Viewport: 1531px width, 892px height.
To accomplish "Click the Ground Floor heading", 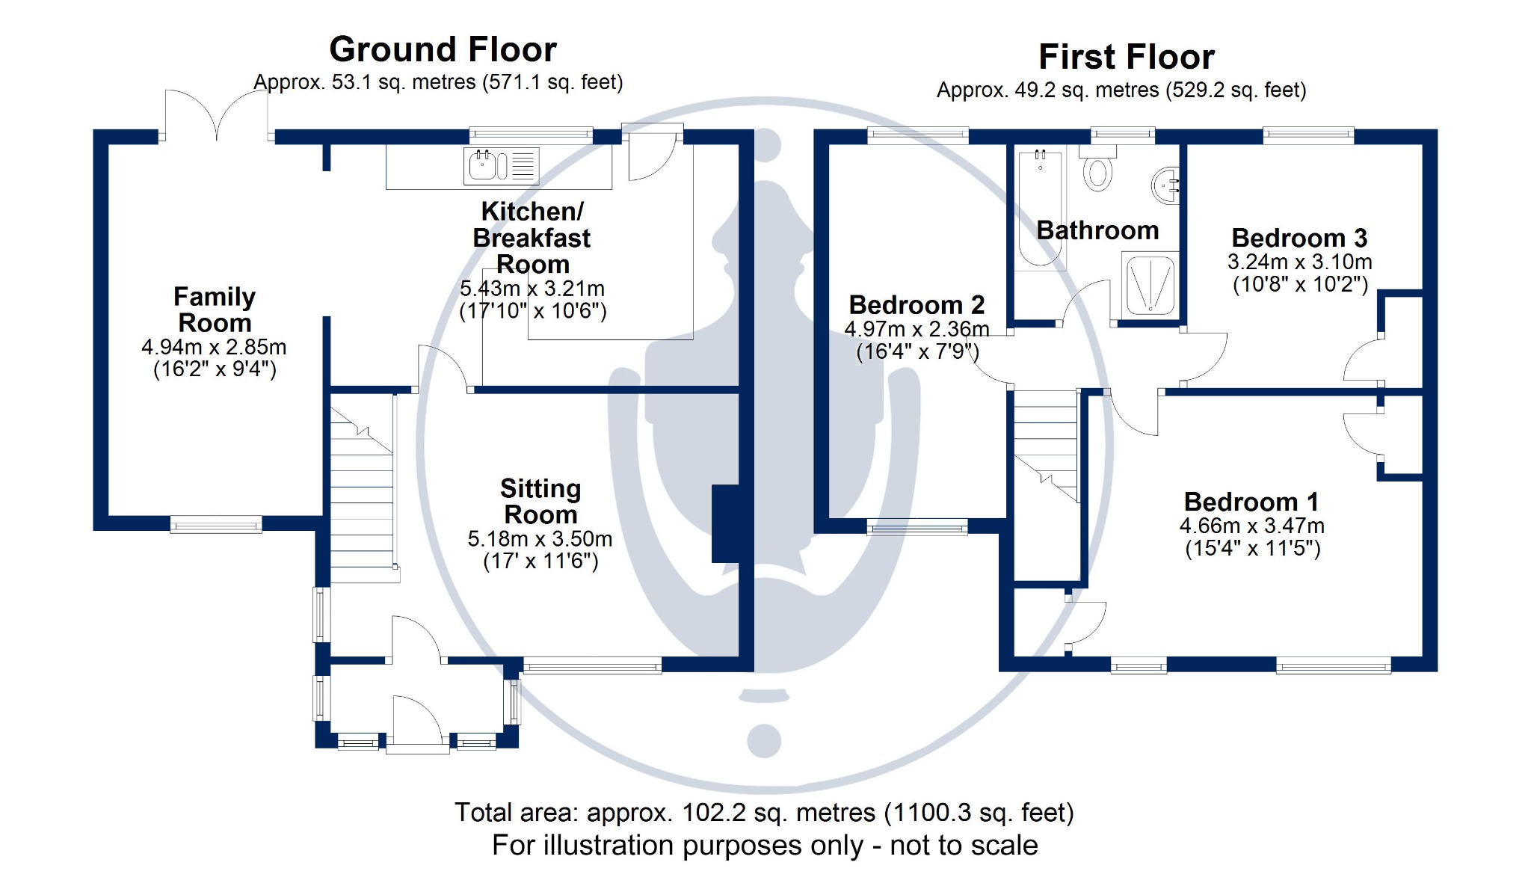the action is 443,50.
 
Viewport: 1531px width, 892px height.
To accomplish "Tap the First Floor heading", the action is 1127,58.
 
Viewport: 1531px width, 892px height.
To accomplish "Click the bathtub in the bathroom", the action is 1040,207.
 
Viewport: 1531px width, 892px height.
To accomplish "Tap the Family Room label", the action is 215,310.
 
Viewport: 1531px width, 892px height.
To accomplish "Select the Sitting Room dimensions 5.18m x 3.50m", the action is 540,538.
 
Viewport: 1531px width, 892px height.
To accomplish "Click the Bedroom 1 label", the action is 1251,502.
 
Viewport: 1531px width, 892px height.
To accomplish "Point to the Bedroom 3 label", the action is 1299,238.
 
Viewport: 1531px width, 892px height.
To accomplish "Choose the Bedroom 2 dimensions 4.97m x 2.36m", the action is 917,329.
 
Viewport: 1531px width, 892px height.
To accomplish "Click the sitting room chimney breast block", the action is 726,523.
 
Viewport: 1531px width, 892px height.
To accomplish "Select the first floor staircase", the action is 1046,446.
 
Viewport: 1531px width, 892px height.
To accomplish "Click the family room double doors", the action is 217,114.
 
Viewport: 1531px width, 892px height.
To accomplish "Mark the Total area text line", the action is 764,813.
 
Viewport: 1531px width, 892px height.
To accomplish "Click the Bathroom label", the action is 1097,230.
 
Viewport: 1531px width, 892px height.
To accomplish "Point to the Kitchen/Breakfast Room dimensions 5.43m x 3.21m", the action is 532,289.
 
